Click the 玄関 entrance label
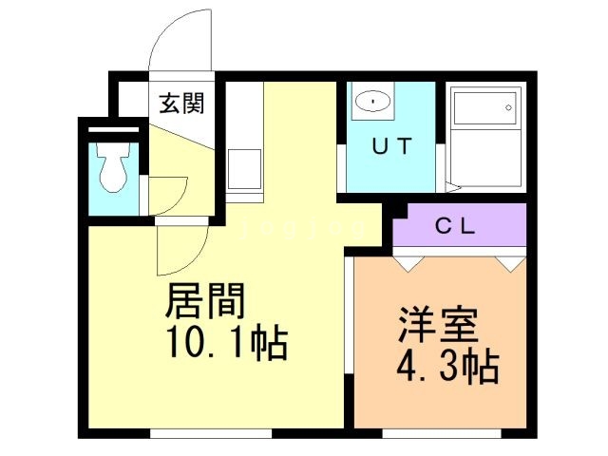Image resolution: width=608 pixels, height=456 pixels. tap(181, 104)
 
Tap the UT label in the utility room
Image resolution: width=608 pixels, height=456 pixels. tap(391, 146)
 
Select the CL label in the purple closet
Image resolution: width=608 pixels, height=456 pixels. tap(455, 226)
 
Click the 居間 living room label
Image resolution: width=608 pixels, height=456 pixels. tap(205, 300)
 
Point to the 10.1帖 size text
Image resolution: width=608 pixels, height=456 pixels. tap(228, 344)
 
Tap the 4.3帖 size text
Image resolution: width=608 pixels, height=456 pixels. tap(447, 367)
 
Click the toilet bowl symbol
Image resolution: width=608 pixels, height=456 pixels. tap(113, 167)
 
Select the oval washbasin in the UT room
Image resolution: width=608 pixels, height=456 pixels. tap(372, 102)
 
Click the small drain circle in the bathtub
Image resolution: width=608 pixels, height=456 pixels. tap(508, 107)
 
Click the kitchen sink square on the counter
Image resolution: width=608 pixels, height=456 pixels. tap(245, 169)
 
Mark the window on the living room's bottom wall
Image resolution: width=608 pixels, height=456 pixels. tap(211, 433)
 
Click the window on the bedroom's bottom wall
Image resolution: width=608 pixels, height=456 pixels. tap(442, 433)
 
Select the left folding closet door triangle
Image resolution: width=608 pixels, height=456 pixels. tap(408, 264)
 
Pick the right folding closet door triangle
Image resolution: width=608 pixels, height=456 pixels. tap(510, 264)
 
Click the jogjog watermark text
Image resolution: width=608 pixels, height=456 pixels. tap(303, 230)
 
